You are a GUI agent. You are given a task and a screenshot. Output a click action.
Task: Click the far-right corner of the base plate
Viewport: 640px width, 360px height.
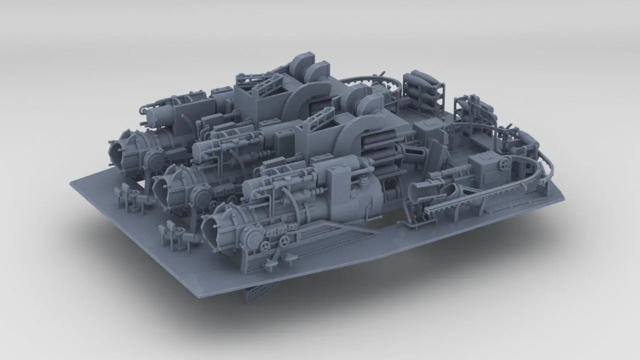pyautogui.click(x=563, y=199)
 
